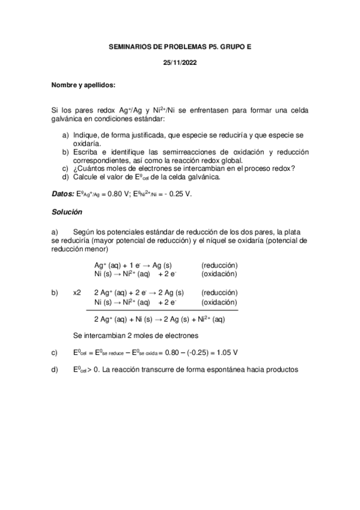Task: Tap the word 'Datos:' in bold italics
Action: [63, 194]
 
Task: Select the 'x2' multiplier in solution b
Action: [77, 293]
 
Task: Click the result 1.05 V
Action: [226, 352]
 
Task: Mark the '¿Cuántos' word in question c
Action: [88, 168]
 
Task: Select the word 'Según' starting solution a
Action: [83, 232]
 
